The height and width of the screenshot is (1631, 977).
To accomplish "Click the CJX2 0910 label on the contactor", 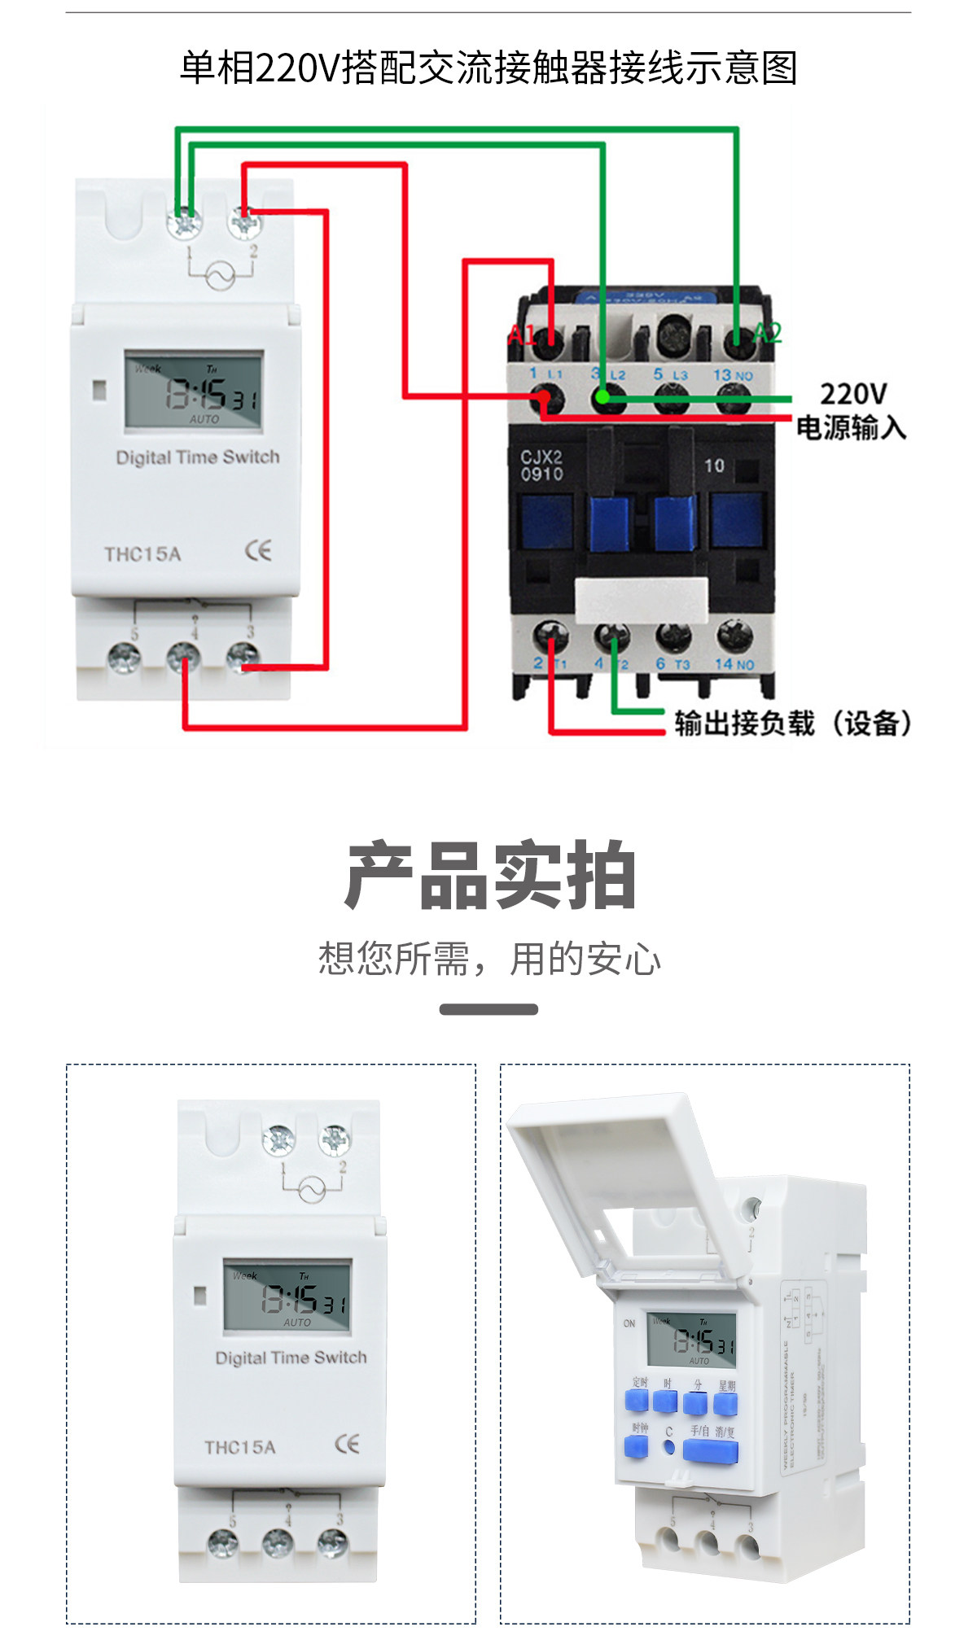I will click(541, 466).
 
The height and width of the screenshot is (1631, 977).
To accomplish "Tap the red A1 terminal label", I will click(521, 335).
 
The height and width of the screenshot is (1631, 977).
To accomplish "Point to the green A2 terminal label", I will click(767, 332).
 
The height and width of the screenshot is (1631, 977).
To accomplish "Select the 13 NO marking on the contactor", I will click(733, 375).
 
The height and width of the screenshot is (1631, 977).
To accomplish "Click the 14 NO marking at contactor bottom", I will click(734, 664).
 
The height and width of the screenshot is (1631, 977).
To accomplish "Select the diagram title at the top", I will click(488, 68).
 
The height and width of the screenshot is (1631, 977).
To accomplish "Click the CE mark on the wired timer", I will click(258, 551).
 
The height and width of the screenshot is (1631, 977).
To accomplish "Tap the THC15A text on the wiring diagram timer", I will click(142, 554).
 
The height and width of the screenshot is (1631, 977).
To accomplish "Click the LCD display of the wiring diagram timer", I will click(194, 391).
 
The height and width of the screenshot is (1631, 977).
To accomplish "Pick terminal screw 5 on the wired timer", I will click(125, 658).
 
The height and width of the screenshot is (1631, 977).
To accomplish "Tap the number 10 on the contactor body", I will click(714, 466).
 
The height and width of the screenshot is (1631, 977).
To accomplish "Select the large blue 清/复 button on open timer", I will click(710, 1451).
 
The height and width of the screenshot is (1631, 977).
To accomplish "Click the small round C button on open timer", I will click(668, 1448).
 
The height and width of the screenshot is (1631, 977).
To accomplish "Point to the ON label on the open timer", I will click(629, 1323).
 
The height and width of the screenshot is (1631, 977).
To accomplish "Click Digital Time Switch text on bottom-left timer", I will click(291, 1358).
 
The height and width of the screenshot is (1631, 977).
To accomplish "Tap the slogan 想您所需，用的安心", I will click(489, 959).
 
